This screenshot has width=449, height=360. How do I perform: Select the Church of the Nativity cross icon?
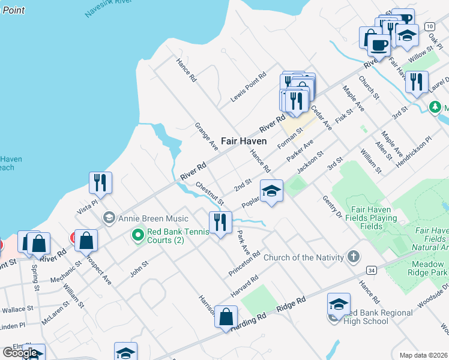click(354, 257)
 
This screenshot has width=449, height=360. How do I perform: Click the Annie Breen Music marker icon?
click(109, 217)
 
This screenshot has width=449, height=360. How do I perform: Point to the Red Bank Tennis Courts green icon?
click(138, 235)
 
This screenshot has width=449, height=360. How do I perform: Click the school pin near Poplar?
click(271, 191)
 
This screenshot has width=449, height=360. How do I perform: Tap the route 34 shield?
click(372, 270)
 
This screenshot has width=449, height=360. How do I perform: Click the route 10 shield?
click(429, 26)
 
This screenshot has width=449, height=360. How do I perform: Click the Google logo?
click(20, 353)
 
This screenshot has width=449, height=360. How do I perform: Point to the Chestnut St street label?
click(209, 193)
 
